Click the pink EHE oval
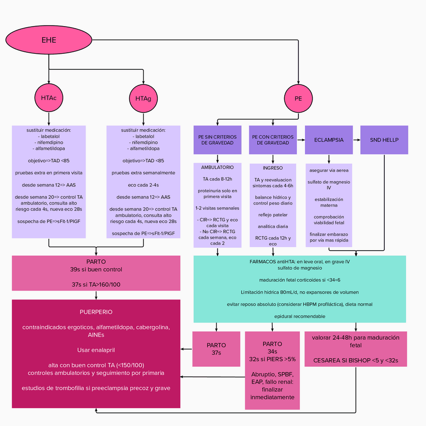(x=49, y=40)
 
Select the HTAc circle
(x=49, y=98)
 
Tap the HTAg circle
(x=143, y=98)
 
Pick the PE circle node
(x=298, y=98)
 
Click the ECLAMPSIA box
(x=329, y=140)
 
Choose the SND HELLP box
(x=384, y=140)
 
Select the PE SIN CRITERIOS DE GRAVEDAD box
(x=218, y=140)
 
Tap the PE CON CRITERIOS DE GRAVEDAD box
(x=273, y=140)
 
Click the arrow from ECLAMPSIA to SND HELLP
(x=356, y=140)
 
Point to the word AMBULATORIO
(x=218, y=167)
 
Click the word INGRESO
(x=273, y=168)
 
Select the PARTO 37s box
(x=217, y=349)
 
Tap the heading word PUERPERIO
(x=96, y=312)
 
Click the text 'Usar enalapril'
(x=96, y=350)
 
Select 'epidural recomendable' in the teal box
(x=299, y=316)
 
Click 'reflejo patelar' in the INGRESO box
(x=273, y=215)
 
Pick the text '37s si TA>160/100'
(x=96, y=284)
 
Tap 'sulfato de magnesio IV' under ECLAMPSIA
(x=329, y=185)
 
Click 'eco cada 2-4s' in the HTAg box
(x=143, y=185)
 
